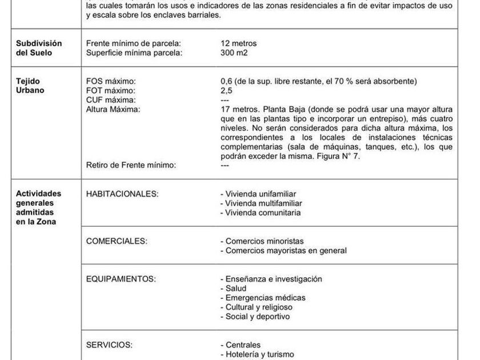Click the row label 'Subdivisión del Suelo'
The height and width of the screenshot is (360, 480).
38,48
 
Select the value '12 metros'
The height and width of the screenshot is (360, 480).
238,43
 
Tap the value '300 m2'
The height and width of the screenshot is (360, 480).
234,53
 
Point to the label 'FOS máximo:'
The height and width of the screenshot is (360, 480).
111,82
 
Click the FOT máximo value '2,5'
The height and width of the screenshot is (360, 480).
227,91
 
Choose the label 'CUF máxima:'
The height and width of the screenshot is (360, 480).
110,100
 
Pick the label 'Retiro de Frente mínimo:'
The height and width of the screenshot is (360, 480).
131,165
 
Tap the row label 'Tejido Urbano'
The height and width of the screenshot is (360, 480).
29,86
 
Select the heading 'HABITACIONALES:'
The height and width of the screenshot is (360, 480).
122,194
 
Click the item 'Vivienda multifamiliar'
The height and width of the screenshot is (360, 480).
261,203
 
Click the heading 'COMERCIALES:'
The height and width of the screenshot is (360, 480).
116,241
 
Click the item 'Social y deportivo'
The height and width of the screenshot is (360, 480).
257,316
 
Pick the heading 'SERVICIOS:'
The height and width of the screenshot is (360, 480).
109,345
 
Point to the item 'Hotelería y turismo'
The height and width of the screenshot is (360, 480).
257,354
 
